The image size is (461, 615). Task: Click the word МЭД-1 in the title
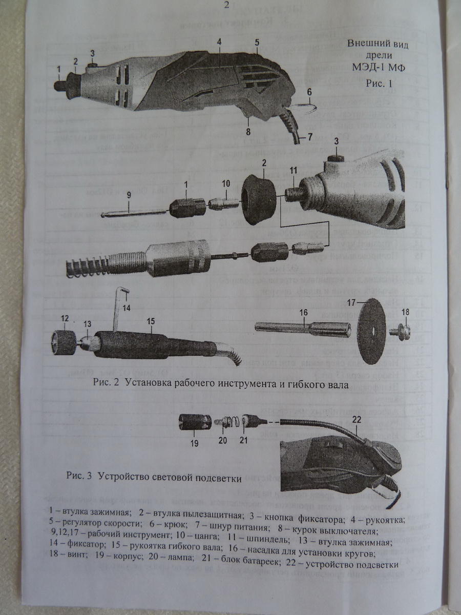pyautogui.click(x=360, y=68)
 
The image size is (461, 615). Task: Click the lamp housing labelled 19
pyautogui.click(x=195, y=423)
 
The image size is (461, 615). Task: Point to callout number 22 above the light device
pyautogui.click(x=357, y=419)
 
